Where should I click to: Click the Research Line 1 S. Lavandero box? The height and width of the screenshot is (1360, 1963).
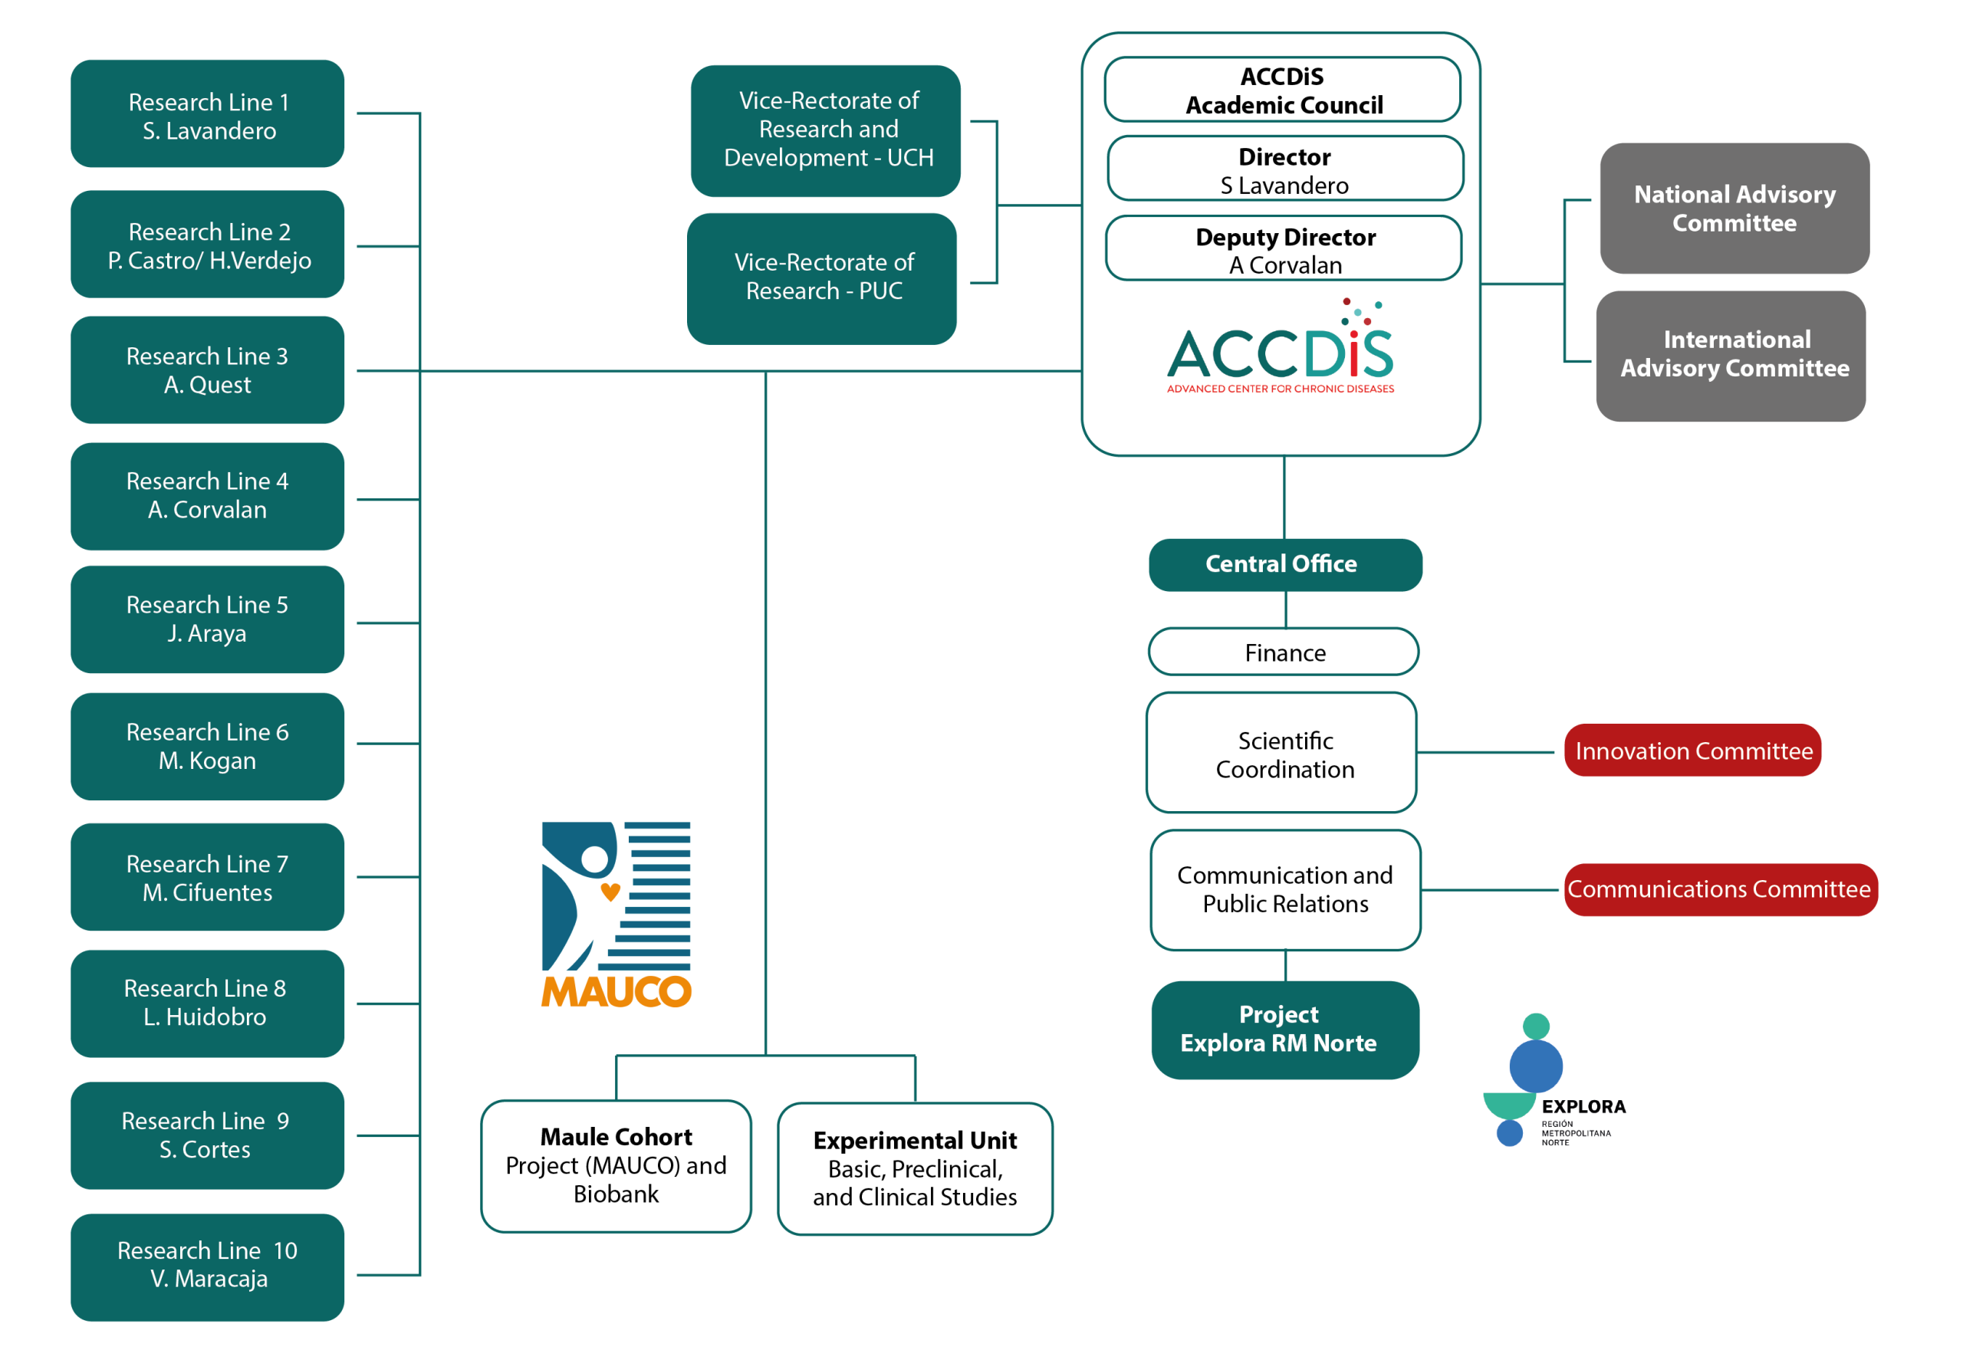pyautogui.click(x=207, y=113)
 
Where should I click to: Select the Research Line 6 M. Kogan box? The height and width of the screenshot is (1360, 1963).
pyautogui.click(x=207, y=746)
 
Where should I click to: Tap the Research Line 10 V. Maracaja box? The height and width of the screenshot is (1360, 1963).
pyautogui.click(x=207, y=1266)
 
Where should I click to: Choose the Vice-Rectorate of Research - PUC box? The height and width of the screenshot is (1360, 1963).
pyautogui.click(x=822, y=278)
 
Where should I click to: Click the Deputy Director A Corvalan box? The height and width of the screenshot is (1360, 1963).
pyautogui.click(x=1283, y=248)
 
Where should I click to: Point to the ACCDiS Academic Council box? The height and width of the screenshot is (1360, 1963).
pyautogui.click(x=1282, y=90)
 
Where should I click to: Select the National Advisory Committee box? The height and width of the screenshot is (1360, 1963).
pyautogui.click(x=1734, y=208)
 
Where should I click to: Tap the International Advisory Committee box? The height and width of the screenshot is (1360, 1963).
pyautogui.click(x=1731, y=356)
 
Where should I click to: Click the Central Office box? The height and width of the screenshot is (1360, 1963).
pyautogui.click(x=1285, y=564)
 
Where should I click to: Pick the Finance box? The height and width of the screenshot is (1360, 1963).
pyautogui.click(x=1284, y=652)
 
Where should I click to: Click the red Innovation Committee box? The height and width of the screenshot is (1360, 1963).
pyautogui.click(x=1693, y=750)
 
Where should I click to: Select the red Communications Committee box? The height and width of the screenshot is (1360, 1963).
pyautogui.click(x=1720, y=889)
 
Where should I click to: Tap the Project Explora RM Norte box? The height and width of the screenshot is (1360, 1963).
pyautogui.click(x=1285, y=1030)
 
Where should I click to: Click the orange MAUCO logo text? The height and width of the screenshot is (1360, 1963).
pyautogui.click(x=617, y=991)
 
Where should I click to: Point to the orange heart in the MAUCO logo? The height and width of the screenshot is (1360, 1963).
pyautogui.click(x=610, y=892)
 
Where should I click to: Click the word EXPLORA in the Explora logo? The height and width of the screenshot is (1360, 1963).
pyautogui.click(x=1583, y=1106)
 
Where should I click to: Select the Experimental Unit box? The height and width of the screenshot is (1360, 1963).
pyautogui.click(x=916, y=1168)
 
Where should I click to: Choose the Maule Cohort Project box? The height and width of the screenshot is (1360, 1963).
pyautogui.click(x=617, y=1166)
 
